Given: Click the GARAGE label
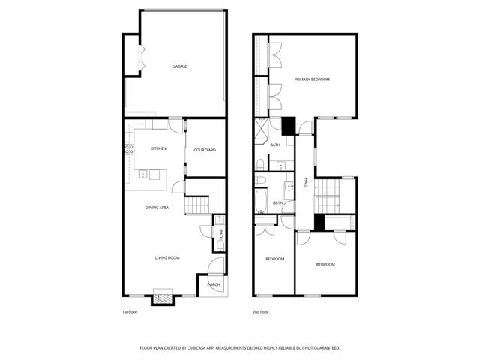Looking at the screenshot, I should pos(179,66).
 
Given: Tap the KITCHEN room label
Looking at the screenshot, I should pos(158,148).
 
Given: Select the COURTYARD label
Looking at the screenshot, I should pos(205,150).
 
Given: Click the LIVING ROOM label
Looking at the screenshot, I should pos(167,258).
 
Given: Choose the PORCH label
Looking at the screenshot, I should pos(214,285).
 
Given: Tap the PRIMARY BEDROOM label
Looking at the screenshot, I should pos(312,79).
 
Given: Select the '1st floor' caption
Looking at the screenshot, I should pos(130,311).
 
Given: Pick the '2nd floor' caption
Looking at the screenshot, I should pos(260,311).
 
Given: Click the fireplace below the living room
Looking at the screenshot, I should pos(163,297).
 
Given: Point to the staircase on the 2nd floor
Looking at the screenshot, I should pos(327,196).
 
